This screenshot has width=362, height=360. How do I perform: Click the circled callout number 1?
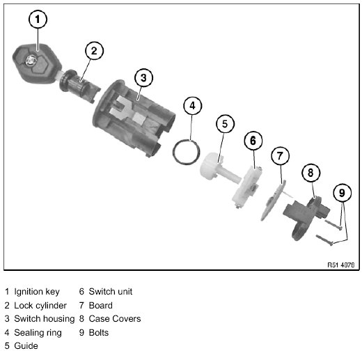pos(38,19)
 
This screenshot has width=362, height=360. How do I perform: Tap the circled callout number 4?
pos(192,106)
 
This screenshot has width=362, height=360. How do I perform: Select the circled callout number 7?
pos(280,156)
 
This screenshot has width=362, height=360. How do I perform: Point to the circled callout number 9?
pos(342,193)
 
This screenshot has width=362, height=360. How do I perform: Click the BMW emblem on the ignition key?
pos(31,61)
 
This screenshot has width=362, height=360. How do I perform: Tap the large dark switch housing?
pos(134,118)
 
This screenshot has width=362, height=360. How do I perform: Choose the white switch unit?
pos(247,186)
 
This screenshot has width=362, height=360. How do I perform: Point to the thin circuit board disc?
pos(274,201)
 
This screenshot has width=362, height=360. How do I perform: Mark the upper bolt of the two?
pos(333,225)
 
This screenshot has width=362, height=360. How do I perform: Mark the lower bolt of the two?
pos(324,240)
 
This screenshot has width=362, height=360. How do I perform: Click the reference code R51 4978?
pos(340,265)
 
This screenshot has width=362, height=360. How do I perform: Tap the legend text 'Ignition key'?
pos(37,292)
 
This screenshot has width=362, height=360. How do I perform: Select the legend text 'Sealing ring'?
pos(38,333)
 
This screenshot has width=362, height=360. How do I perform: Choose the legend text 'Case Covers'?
pos(115,319)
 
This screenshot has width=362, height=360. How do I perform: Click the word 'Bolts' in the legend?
pos(99,333)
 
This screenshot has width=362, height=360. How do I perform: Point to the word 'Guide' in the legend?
pos(26,346)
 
